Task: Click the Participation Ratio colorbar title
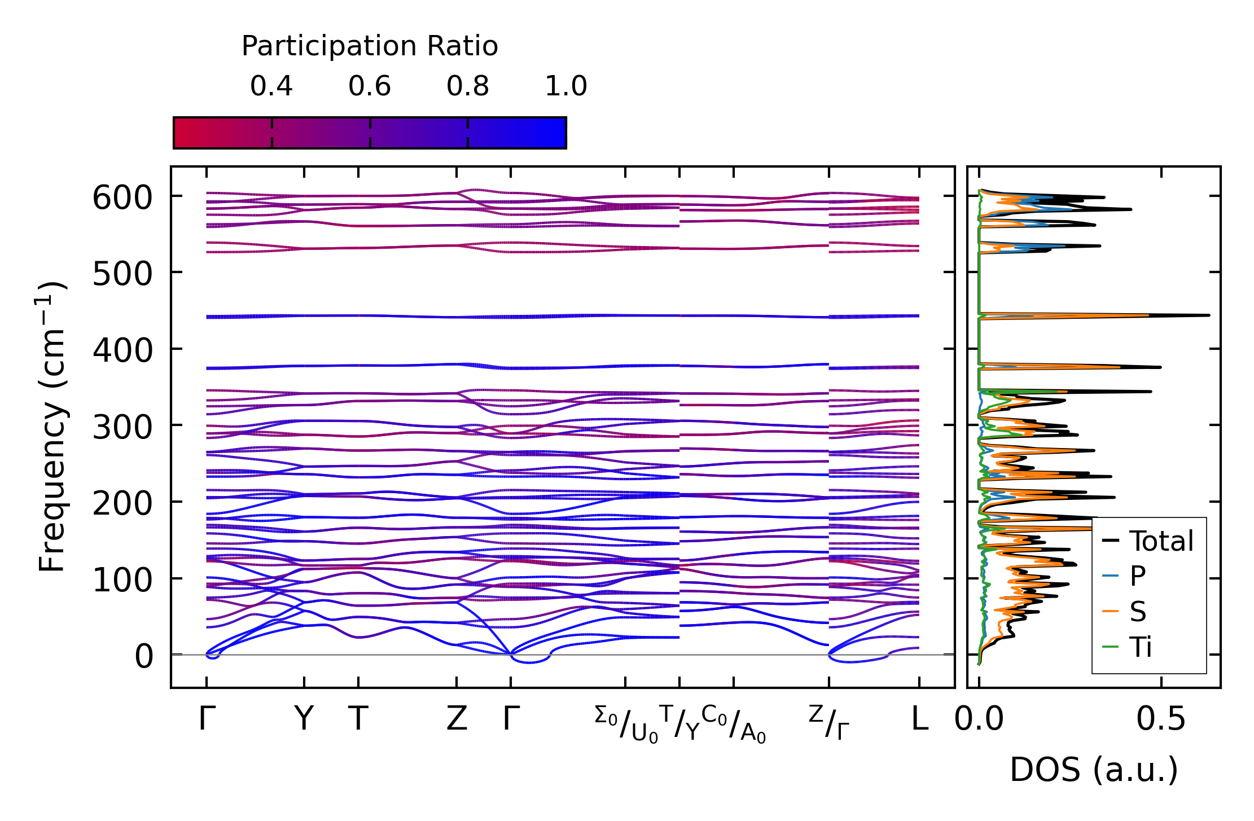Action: pyautogui.click(x=370, y=46)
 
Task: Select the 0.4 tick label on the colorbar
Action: pyautogui.click(x=271, y=86)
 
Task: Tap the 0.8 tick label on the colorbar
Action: pyautogui.click(x=468, y=86)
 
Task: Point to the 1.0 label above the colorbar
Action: pyautogui.click(x=566, y=86)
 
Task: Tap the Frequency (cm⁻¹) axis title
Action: pyautogui.click(x=52, y=427)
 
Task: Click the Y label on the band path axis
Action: pyautogui.click(x=304, y=719)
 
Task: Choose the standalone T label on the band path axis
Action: pyautogui.click(x=358, y=719)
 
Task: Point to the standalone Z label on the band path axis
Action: pyautogui.click(x=457, y=719)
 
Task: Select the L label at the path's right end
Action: pyautogui.click(x=919, y=719)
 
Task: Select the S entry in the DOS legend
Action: pyautogui.click(x=1138, y=612)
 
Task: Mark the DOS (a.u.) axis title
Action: pyautogui.click(x=1094, y=770)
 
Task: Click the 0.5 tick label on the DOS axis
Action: pyautogui.click(x=1161, y=719)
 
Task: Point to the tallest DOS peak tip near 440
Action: pyautogui.click(x=1209, y=315)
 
